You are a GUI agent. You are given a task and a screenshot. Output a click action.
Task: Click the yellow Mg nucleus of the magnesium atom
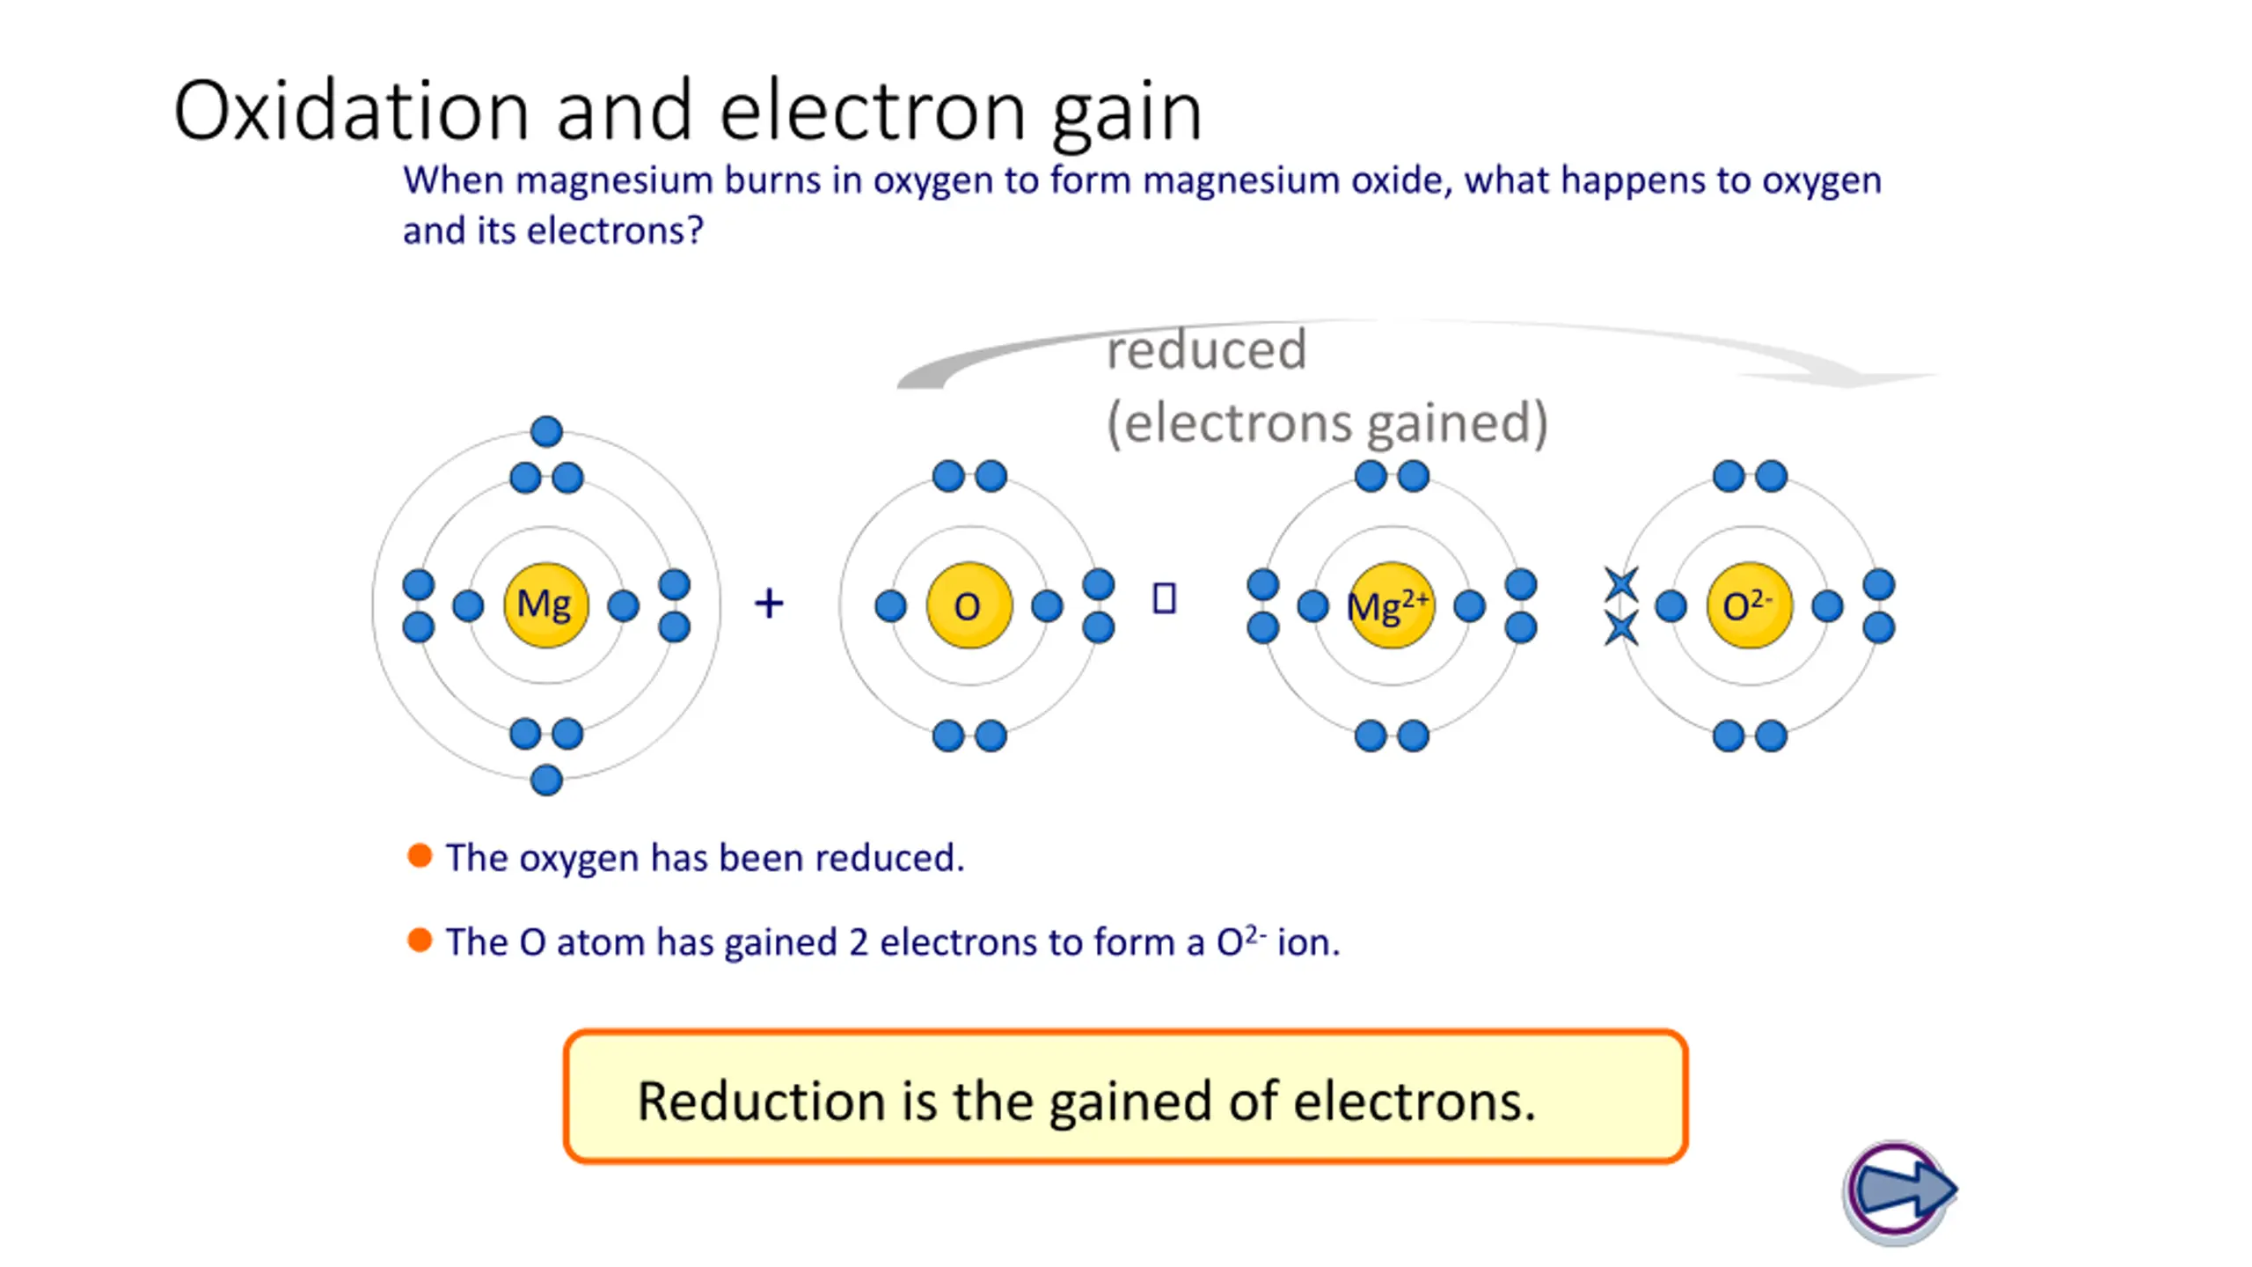545,605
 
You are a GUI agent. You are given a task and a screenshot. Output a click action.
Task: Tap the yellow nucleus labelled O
969,605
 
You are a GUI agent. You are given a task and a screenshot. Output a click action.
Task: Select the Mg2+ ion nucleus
1391,605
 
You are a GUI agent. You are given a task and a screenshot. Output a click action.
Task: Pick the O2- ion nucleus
1749,605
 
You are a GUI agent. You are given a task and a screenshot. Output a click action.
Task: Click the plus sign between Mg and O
769,604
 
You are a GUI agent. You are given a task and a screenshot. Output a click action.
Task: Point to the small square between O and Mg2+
1164,598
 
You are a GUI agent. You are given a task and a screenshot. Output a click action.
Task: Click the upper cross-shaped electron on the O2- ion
1621,584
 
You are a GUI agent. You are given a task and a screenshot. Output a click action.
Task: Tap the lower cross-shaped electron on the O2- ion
1621,628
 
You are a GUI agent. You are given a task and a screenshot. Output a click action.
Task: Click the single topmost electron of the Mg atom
546,431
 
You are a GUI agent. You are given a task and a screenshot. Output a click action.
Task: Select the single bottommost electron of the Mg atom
546,780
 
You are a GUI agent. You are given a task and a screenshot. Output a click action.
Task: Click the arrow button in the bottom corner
1900,1191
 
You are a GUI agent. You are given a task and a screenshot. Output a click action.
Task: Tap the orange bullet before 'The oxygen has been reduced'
420,855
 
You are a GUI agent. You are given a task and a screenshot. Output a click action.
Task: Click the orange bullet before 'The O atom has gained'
420,940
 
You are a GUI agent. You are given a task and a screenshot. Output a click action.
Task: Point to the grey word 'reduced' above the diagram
1206,350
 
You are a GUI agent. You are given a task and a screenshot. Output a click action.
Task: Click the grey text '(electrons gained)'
1327,422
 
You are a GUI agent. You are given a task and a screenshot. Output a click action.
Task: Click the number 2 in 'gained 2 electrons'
859,942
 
